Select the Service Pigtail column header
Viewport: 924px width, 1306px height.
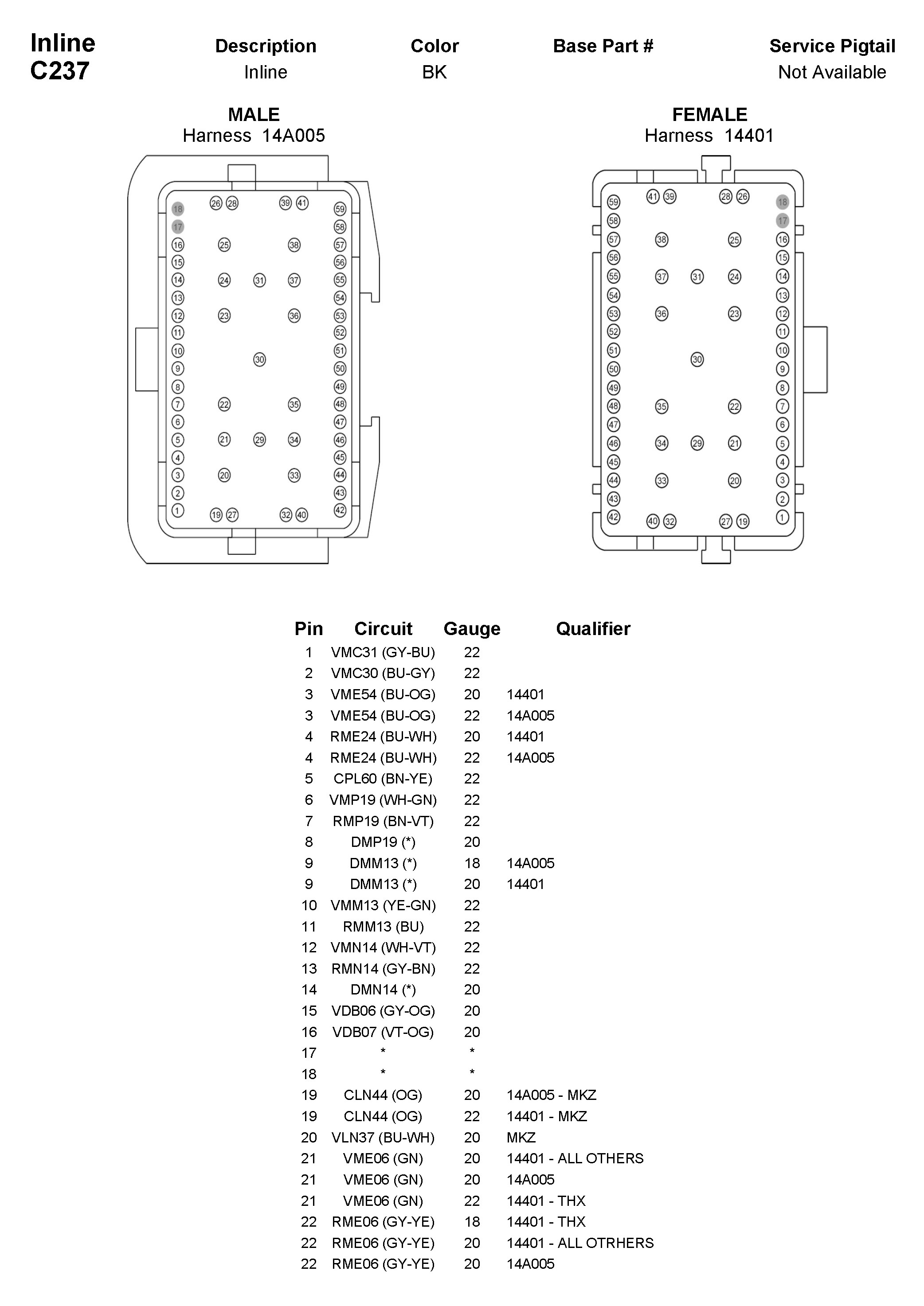pos(832,46)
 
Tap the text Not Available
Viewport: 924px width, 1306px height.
pos(832,72)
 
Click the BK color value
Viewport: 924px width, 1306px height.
pos(434,72)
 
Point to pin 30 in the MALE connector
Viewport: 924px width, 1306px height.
pos(259,359)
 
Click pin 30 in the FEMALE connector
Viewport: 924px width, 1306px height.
pos(697,359)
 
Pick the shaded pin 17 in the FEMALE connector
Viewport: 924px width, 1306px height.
pos(782,221)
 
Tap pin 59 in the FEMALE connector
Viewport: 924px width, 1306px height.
pos(613,202)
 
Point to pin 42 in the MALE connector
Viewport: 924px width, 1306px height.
pos(340,510)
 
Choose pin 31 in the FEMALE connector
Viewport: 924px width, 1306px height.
pos(697,277)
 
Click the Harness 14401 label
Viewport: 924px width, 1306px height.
pos(709,136)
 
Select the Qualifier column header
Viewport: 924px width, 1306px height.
pos(593,628)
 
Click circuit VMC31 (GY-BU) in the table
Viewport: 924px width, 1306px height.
pos(383,652)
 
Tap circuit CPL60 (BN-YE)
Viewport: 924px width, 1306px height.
pos(383,779)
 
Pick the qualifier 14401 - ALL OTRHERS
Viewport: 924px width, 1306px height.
pos(580,1243)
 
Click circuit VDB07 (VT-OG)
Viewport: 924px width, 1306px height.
pos(383,1032)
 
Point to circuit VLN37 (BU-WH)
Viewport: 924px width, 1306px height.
pos(383,1137)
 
